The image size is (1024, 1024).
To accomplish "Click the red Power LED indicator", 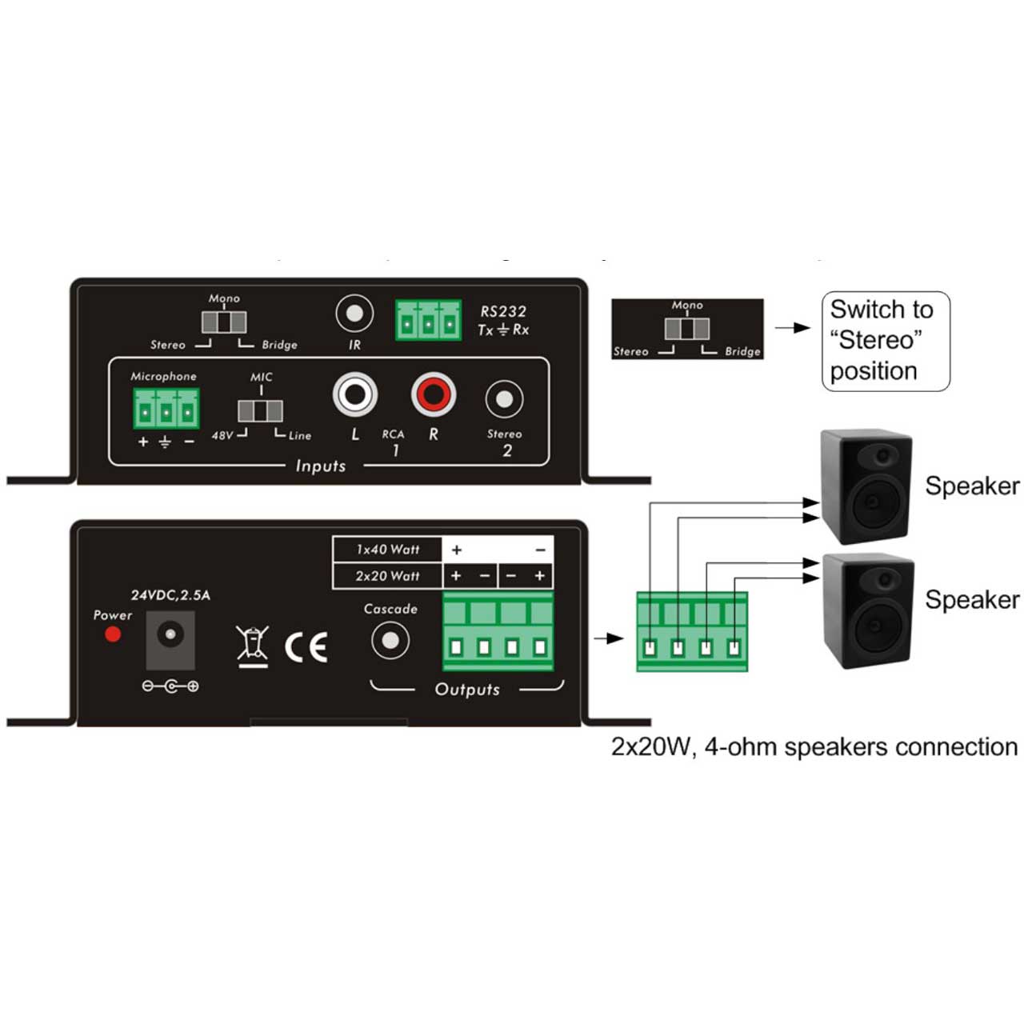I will (113, 634).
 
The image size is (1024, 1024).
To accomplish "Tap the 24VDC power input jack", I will (170, 638).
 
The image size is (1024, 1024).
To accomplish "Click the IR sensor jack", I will (354, 314).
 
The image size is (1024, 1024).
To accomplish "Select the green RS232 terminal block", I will (428, 320).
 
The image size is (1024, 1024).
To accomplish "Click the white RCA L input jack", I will (354, 394).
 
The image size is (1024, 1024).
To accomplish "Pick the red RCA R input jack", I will (434, 394).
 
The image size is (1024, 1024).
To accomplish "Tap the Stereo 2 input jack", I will (504, 398).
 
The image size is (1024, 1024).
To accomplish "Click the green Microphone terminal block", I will (166, 409).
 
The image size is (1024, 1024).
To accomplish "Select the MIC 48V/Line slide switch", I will (260, 411).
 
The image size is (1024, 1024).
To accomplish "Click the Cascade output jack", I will (390, 640).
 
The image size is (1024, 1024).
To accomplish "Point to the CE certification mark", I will (306, 646).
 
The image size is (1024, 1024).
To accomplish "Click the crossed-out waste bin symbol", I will (253, 646).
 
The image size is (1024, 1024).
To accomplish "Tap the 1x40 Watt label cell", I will (388, 550).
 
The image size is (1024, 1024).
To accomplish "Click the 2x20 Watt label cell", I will (388, 576).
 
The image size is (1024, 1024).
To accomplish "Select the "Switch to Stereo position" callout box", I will (886, 341).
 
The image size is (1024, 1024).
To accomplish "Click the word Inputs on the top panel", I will (321, 466).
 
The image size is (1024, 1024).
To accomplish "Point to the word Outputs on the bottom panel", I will (467, 690).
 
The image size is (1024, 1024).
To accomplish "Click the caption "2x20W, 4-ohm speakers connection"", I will (814, 747).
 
